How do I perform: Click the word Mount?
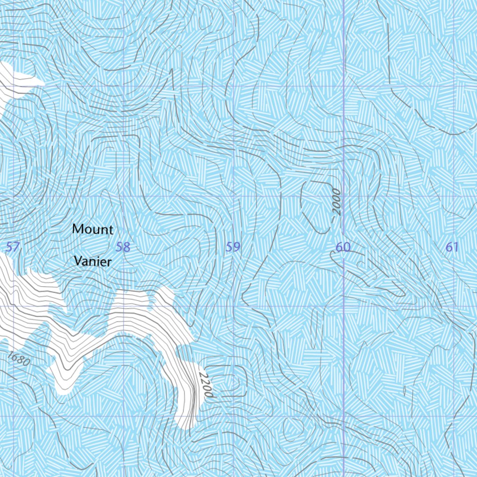click(x=93, y=229)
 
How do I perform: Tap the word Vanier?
click(x=93, y=262)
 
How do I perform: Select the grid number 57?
click(x=13, y=247)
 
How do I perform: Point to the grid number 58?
click(x=123, y=247)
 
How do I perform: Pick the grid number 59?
click(x=233, y=247)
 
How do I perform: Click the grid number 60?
click(x=343, y=247)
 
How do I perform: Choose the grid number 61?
click(x=452, y=247)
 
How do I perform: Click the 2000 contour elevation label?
click(x=337, y=201)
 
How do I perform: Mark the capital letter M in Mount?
click(x=78, y=229)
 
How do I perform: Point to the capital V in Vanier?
click(x=79, y=262)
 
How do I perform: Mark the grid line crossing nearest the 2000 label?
click(x=344, y=196)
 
